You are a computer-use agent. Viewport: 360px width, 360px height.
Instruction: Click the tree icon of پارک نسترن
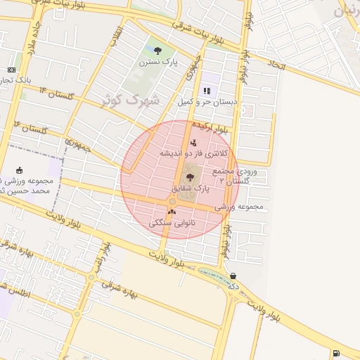click(x=157, y=51)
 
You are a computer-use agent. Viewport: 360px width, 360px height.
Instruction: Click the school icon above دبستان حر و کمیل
click(x=207, y=91)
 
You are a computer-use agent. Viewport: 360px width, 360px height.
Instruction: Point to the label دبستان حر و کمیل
click(x=207, y=103)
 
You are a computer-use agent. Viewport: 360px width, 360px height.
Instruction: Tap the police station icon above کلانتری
click(x=193, y=143)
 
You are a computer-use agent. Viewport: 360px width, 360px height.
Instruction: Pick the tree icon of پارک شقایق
click(x=190, y=177)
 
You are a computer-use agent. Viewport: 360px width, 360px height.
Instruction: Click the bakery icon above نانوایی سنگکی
click(x=172, y=212)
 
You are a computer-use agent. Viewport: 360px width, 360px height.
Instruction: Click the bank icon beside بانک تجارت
click(x=11, y=70)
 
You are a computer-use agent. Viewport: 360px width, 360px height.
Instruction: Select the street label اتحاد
click(x=276, y=65)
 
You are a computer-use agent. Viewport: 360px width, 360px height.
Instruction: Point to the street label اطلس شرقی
click(x=15, y=290)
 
